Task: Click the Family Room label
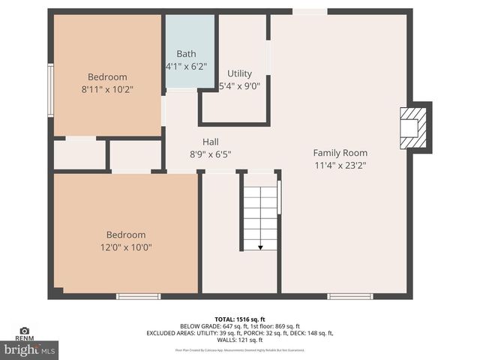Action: [340, 153]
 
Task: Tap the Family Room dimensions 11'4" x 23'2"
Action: [340, 165]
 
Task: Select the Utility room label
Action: [240, 73]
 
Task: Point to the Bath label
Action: [186, 54]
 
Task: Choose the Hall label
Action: [210, 142]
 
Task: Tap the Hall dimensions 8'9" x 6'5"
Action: [210, 154]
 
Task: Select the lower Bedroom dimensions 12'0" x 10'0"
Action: [126, 247]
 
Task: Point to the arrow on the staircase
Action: [260, 246]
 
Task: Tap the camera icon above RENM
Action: [25, 330]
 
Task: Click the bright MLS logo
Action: [29, 349]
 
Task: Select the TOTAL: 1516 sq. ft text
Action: [240, 319]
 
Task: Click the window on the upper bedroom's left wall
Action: [50, 90]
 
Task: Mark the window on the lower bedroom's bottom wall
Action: [139, 296]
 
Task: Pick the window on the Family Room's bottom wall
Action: [350, 296]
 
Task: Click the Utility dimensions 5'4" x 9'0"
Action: [240, 85]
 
